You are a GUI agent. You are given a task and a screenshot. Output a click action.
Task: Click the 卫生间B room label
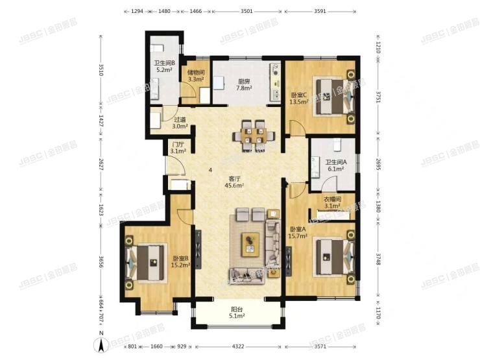click(x=165, y=66)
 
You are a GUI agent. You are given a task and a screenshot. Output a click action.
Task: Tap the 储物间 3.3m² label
click(x=196, y=76)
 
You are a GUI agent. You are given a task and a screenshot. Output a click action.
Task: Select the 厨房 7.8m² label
click(x=245, y=84)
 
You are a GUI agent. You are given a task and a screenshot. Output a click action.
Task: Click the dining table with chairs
click(x=252, y=134)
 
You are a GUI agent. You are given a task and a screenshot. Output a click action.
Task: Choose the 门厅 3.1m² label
click(x=178, y=148)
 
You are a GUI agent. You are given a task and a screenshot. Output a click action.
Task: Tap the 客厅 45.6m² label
click(x=234, y=182)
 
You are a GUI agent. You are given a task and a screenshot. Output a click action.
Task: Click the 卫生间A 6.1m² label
click(x=335, y=165)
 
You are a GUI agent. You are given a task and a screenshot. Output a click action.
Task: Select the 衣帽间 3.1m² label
click(x=333, y=203)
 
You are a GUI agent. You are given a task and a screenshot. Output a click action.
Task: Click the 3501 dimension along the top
click(x=246, y=11)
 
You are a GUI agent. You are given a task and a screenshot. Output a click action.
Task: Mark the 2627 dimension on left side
click(x=101, y=165)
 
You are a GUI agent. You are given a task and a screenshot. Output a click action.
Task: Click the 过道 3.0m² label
click(x=180, y=123)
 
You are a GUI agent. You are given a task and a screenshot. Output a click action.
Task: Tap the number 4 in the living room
click(x=210, y=171)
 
